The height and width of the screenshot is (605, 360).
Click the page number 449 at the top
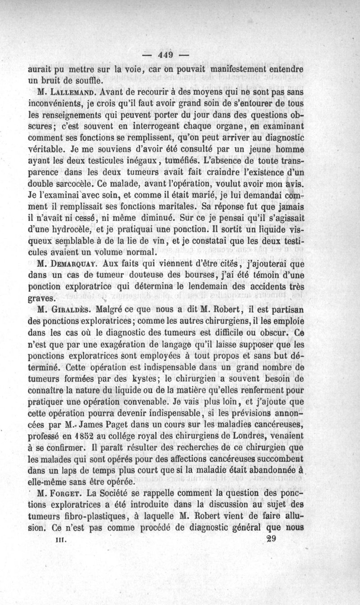[x=165, y=56]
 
